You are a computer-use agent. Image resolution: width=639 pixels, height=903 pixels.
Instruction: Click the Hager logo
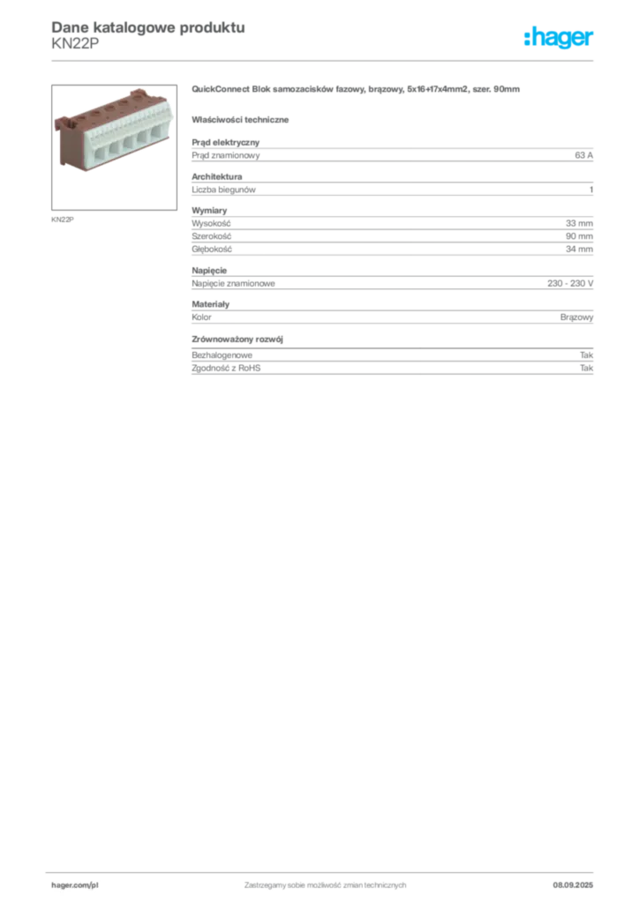(x=559, y=37)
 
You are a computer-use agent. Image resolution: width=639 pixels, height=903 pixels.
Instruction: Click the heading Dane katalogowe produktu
(x=148, y=27)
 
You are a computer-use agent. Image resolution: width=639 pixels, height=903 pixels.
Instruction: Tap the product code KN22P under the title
(x=75, y=43)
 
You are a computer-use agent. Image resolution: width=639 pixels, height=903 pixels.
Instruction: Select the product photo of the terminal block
(x=114, y=147)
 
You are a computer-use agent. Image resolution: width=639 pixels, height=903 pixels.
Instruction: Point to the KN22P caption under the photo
(x=63, y=220)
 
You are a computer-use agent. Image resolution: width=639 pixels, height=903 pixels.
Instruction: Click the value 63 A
(x=583, y=155)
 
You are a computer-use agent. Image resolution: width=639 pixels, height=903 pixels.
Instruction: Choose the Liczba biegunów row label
(x=223, y=190)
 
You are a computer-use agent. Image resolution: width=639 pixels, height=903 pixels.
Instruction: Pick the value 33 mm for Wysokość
(x=579, y=223)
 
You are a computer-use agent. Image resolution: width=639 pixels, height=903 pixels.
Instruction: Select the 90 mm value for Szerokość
(x=579, y=236)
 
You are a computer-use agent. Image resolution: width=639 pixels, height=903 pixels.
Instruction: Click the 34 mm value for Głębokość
(x=579, y=250)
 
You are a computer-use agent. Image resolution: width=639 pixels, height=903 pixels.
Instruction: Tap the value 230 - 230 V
(x=570, y=283)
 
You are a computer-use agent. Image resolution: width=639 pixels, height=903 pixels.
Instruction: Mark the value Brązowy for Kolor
(x=576, y=317)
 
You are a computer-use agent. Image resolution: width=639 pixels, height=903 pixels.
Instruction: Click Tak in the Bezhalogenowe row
(x=587, y=355)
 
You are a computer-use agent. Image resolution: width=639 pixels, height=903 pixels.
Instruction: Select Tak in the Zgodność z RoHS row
(x=587, y=368)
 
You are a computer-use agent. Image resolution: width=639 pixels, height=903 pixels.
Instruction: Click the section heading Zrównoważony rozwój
(x=237, y=340)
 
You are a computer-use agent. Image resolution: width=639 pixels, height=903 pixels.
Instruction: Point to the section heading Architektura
(x=216, y=176)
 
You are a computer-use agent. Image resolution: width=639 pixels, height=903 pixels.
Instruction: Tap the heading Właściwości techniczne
(x=240, y=120)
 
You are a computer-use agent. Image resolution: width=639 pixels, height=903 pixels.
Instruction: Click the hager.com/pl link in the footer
(x=75, y=885)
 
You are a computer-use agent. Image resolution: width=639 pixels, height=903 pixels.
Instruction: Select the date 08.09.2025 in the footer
(x=573, y=885)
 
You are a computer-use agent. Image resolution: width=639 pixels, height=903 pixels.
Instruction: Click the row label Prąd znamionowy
(x=226, y=155)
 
